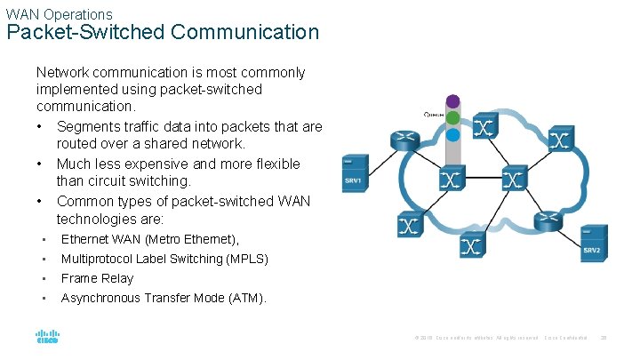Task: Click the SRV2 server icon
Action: point(591,243)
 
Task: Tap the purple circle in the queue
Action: point(452,101)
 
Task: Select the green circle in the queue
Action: point(452,117)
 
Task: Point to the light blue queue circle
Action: point(452,133)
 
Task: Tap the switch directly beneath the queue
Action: point(452,180)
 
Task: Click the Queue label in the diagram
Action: point(435,114)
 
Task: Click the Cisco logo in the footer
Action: point(47,338)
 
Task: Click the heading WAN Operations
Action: point(59,14)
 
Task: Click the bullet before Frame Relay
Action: point(43,278)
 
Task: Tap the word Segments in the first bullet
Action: point(86,126)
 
